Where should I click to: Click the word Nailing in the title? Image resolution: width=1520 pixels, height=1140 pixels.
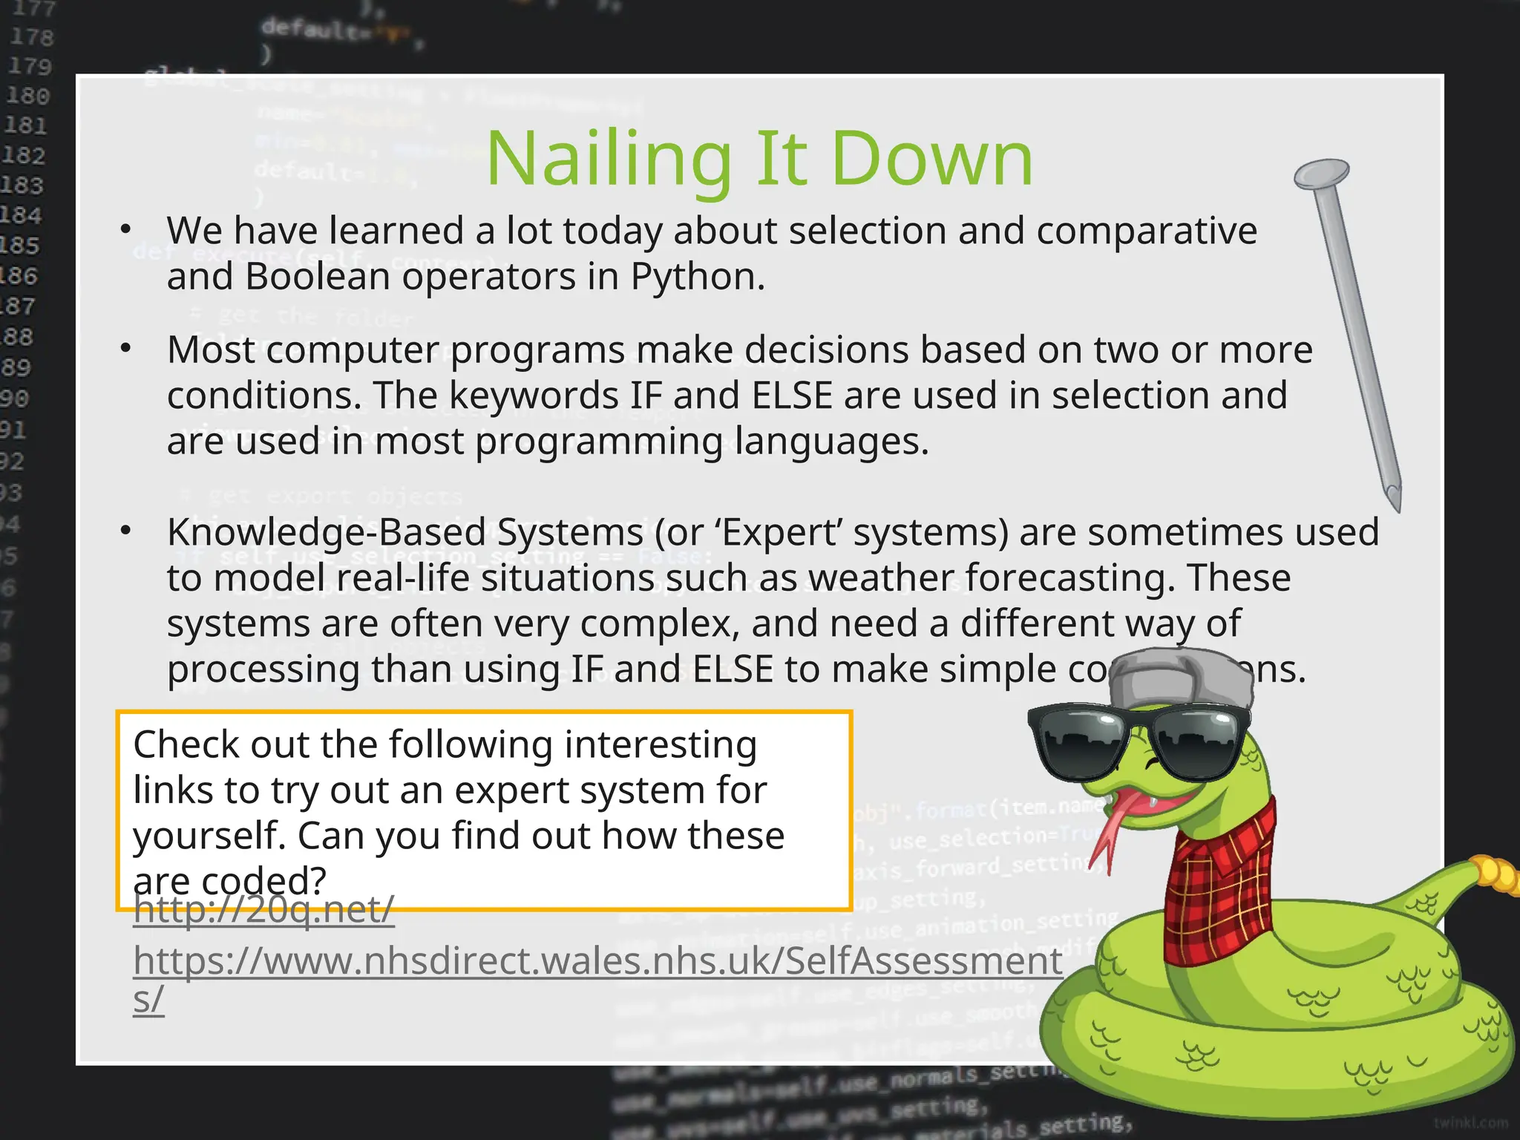coord(609,160)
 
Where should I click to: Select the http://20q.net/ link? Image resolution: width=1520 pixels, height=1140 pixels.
coord(263,910)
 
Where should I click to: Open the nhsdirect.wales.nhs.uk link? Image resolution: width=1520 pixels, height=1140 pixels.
coord(597,962)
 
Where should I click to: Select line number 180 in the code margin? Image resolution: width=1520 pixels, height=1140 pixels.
coord(27,96)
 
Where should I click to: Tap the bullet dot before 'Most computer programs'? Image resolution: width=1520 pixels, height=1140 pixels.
coord(125,348)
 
